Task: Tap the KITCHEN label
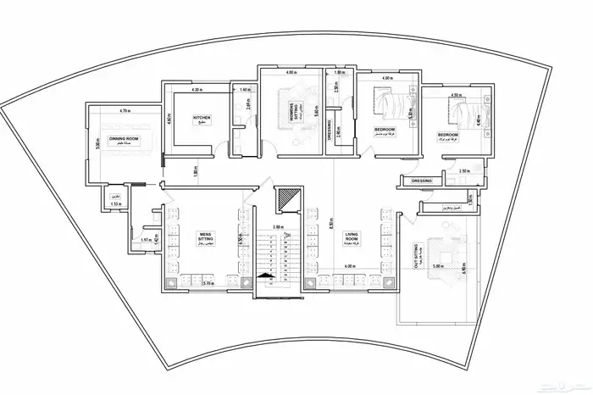[202, 120]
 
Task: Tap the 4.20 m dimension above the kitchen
[196, 89]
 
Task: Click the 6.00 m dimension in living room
[349, 266]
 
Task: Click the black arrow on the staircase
[267, 275]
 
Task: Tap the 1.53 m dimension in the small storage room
[116, 205]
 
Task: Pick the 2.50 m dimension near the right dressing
[463, 171]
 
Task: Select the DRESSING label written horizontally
[421, 181]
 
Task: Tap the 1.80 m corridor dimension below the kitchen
[195, 170]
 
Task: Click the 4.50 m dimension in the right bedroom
[455, 96]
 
